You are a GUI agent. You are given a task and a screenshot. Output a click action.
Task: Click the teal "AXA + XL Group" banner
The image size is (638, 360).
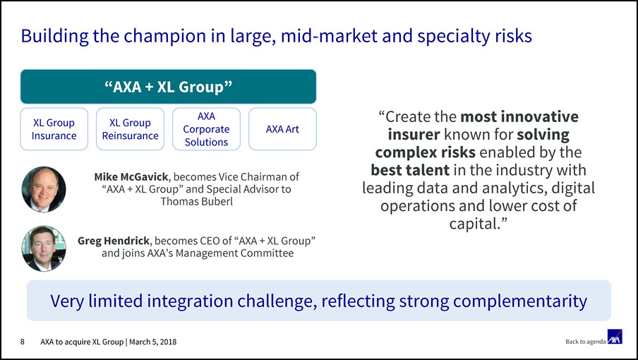(169, 87)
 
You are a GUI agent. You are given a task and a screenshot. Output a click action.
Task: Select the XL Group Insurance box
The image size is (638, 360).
(54, 129)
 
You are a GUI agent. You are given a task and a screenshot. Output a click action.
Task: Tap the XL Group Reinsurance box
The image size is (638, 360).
(130, 129)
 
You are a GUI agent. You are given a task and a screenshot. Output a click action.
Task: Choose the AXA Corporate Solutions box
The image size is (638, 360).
(206, 129)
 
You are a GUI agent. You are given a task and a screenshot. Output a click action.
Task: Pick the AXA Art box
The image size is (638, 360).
(282, 129)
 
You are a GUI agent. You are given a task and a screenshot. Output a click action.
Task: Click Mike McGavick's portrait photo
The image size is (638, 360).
(44, 189)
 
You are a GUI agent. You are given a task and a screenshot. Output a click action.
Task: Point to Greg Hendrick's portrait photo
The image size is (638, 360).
(44, 248)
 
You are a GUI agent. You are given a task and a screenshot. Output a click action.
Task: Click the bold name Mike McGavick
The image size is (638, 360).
(131, 177)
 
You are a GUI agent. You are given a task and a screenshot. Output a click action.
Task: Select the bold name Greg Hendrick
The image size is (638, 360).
(114, 241)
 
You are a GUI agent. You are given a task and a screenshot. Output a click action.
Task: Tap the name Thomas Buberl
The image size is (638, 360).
(196, 201)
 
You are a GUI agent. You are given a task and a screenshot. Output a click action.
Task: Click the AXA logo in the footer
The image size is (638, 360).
(615, 337)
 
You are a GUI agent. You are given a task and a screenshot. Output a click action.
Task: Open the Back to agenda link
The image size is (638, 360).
(586, 342)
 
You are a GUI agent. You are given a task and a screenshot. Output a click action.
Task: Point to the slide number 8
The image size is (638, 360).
(23, 342)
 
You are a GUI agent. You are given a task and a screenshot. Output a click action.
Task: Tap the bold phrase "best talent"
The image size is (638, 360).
(410, 169)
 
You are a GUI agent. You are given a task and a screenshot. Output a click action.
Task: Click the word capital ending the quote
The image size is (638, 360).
(474, 223)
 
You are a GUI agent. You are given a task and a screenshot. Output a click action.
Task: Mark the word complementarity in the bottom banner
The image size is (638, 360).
(520, 301)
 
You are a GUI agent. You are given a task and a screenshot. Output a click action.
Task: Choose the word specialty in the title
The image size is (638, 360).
(453, 36)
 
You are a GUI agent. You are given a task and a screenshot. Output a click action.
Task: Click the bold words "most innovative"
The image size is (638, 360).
(519, 116)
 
